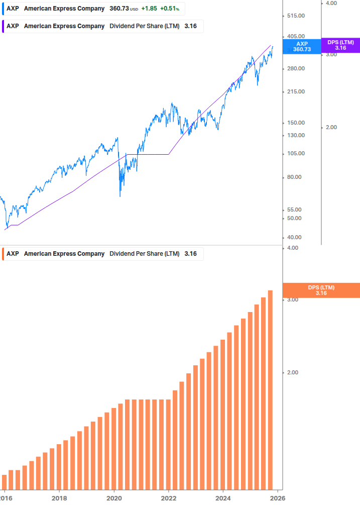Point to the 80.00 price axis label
(x=295, y=177)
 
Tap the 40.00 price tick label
(x=295, y=238)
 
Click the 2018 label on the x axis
(x=59, y=498)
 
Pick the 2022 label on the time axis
(x=169, y=498)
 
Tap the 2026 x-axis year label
(x=278, y=498)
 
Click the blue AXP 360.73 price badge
(x=302, y=47)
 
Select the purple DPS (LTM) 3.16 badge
(x=340, y=45)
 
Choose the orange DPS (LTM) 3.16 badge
(x=321, y=290)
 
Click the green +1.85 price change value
(x=149, y=9)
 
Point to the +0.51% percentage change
(x=169, y=9)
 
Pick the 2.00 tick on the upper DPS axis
(x=331, y=128)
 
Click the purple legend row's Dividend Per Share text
(x=145, y=26)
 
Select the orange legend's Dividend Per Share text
(x=145, y=254)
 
